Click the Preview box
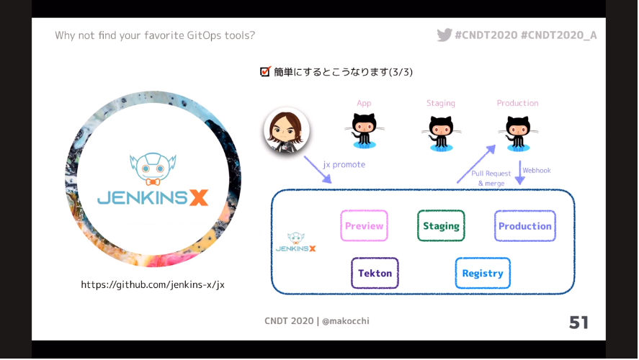[x=364, y=225]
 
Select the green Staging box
[x=441, y=225]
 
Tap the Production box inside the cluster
[x=525, y=226]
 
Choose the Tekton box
[x=375, y=273]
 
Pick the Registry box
[x=483, y=273]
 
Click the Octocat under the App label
[x=364, y=131]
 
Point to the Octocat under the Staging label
[x=441, y=133]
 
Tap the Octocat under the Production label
[x=518, y=133]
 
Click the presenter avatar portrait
[x=287, y=130]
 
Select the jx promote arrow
[x=318, y=170]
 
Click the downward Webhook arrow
[x=520, y=172]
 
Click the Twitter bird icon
[x=444, y=35]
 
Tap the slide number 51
[x=578, y=323]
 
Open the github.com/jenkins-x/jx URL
[x=153, y=284]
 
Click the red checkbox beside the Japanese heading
[x=265, y=72]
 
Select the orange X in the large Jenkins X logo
[x=199, y=197]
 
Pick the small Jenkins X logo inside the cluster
[x=296, y=242]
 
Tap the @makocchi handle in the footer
[x=346, y=321]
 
